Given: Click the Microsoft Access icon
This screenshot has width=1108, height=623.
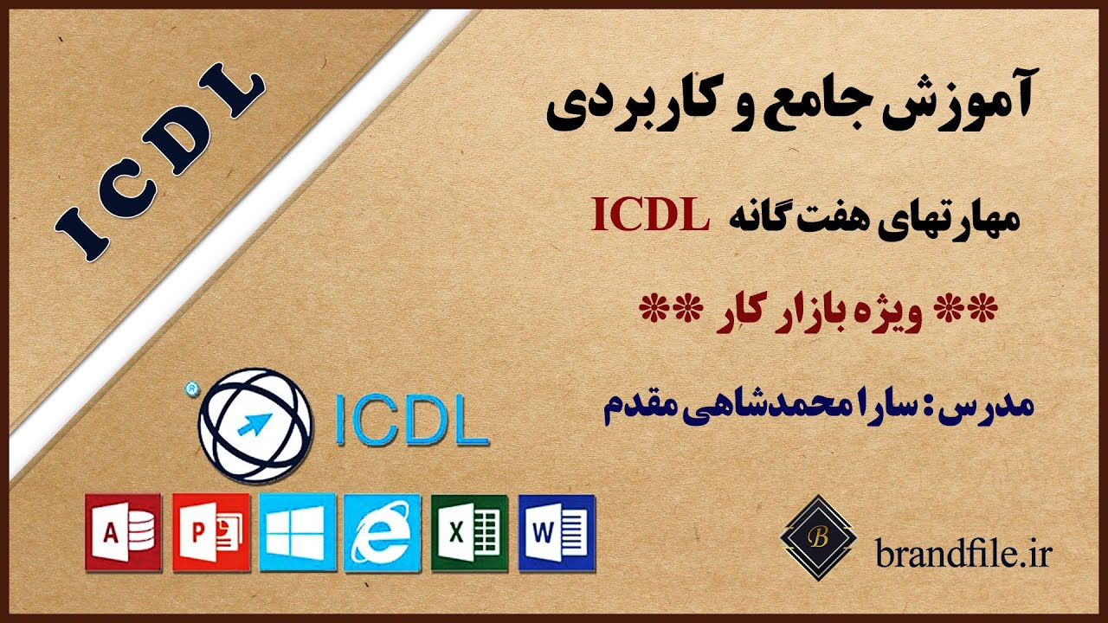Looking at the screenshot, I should pyautogui.click(x=123, y=532).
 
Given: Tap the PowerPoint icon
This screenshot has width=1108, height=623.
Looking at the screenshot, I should pyautogui.click(x=210, y=532).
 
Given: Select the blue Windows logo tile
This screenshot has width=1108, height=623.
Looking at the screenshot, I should pyautogui.click(x=296, y=532).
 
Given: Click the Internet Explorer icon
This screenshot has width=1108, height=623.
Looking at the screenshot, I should pyautogui.click(x=382, y=532).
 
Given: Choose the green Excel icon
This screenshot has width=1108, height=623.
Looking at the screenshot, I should pyautogui.click(x=469, y=532).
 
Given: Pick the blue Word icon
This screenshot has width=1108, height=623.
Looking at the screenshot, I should pyautogui.click(x=557, y=532).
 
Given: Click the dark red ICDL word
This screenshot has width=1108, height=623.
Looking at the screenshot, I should pyautogui.click(x=648, y=216).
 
